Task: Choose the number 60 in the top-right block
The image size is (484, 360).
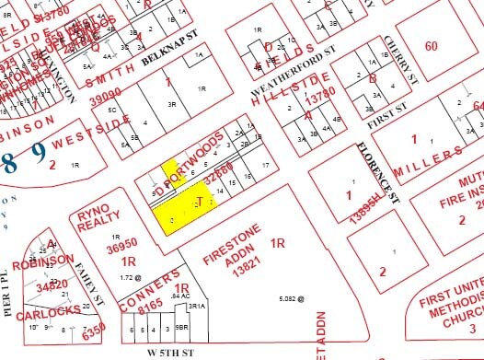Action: tap(432, 46)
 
